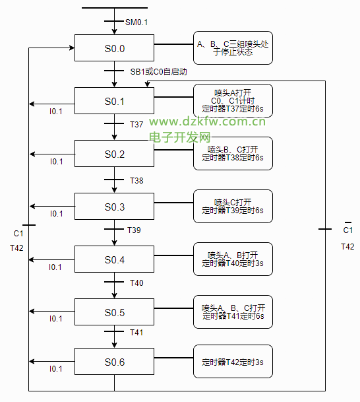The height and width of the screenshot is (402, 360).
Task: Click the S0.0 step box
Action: point(114,48)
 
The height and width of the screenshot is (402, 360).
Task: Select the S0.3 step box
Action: point(114,206)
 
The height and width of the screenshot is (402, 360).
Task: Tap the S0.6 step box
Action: point(114,361)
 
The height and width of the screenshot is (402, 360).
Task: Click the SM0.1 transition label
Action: point(136,22)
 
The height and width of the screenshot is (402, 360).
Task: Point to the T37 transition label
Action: point(136,124)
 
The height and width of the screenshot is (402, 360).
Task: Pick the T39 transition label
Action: point(134,230)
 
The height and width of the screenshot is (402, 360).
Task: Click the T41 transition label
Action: point(136,332)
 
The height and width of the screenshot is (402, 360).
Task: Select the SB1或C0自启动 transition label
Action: point(158,71)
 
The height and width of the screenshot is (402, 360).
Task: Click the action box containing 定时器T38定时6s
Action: point(233,153)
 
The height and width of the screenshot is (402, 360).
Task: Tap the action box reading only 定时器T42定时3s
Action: point(233,361)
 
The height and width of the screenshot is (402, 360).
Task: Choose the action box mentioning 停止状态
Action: point(233,48)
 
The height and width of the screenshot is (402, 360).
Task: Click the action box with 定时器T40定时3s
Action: point(233,259)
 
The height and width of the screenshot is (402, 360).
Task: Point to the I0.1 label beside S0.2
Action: point(56,162)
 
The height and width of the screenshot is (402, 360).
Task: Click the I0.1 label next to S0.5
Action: point(56,318)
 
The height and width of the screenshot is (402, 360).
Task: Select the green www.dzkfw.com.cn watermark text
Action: point(208,121)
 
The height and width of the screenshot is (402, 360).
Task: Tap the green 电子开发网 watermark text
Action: point(180,137)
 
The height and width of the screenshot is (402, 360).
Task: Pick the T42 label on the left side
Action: point(16,248)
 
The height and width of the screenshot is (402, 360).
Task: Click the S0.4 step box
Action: point(114,259)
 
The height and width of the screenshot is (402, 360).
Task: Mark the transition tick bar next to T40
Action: point(114,282)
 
